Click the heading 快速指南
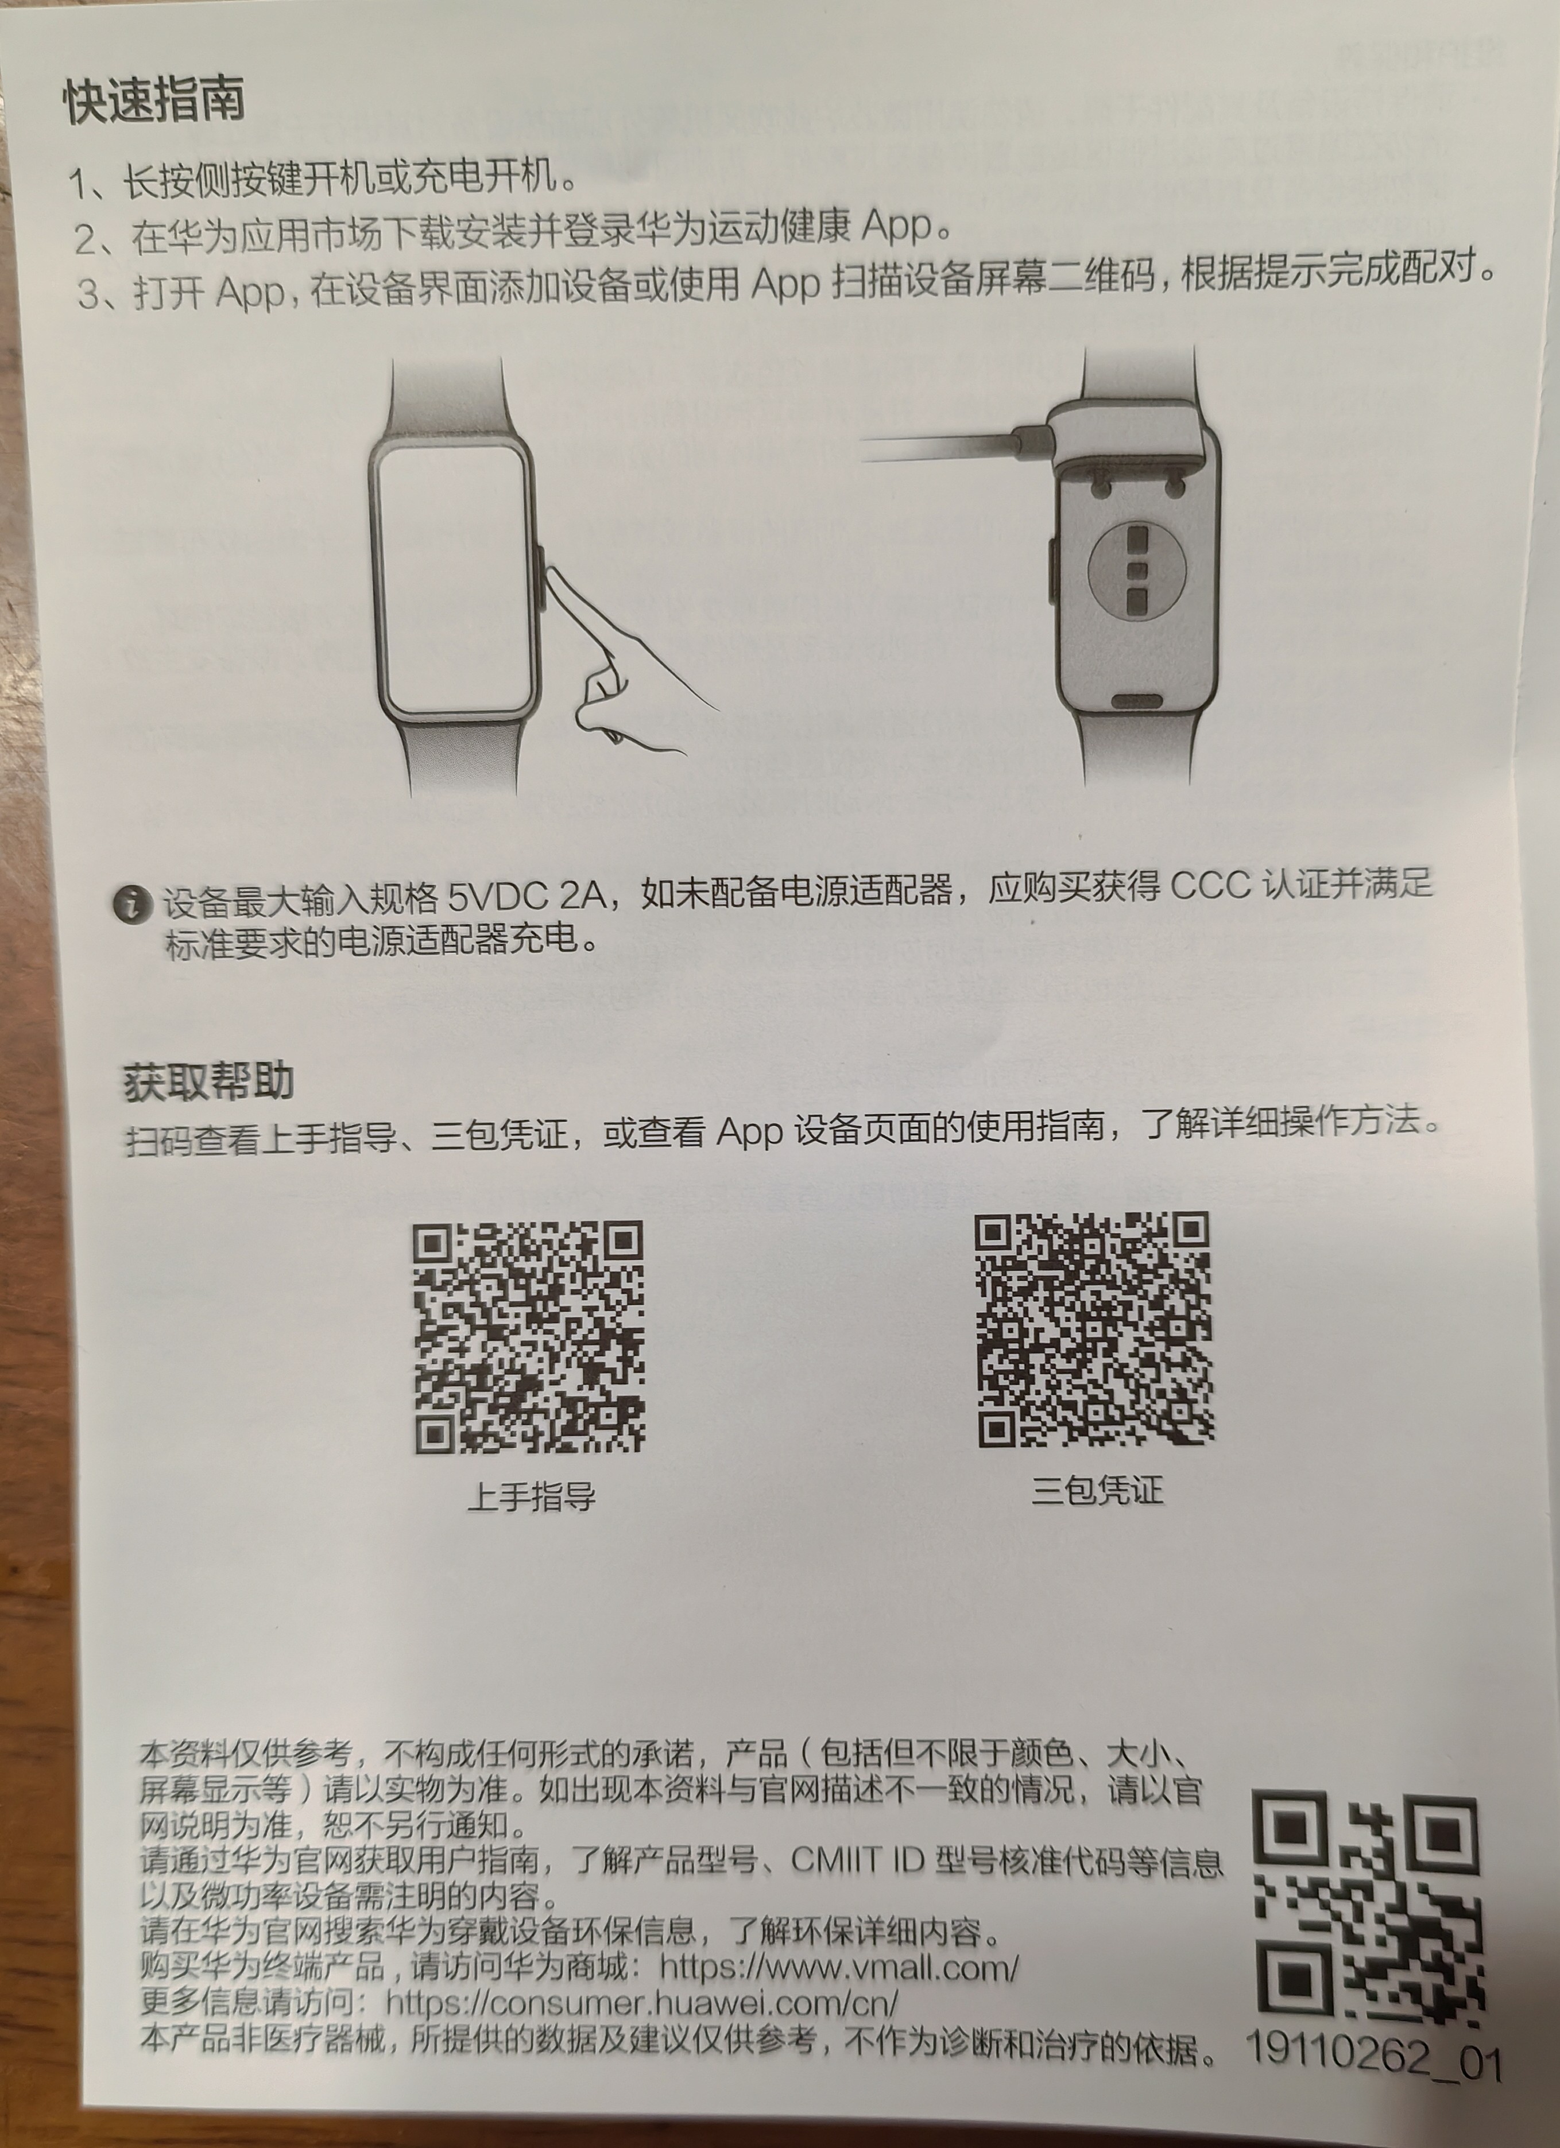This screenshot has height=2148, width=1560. (154, 100)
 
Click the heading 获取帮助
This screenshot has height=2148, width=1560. (208, 1081)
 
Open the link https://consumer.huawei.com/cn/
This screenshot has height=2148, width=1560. (641, 2004)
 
